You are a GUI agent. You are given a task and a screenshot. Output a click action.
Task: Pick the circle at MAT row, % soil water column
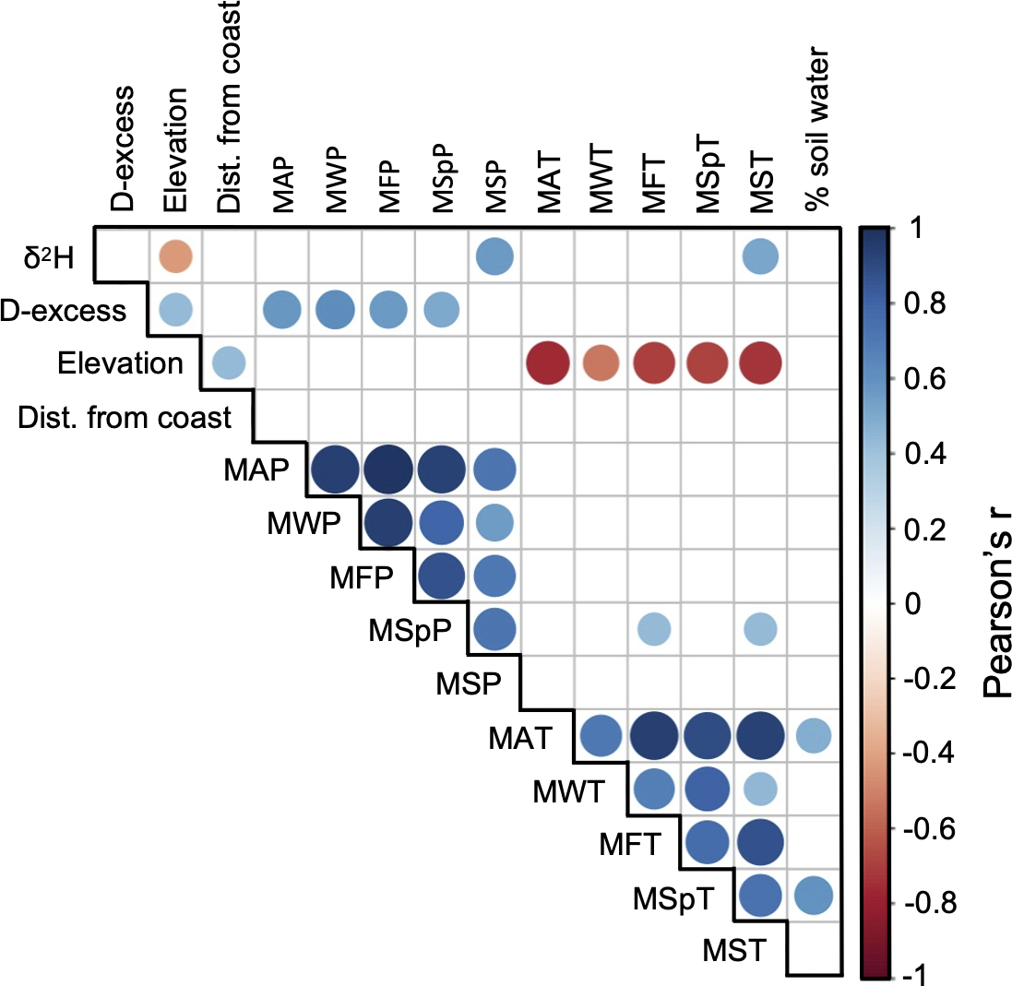click(x=812, y=735)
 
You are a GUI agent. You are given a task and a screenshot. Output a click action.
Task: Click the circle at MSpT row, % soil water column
click(x=812, y=895)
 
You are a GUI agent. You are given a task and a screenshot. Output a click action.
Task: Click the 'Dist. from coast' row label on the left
click(x=124, y=418)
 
